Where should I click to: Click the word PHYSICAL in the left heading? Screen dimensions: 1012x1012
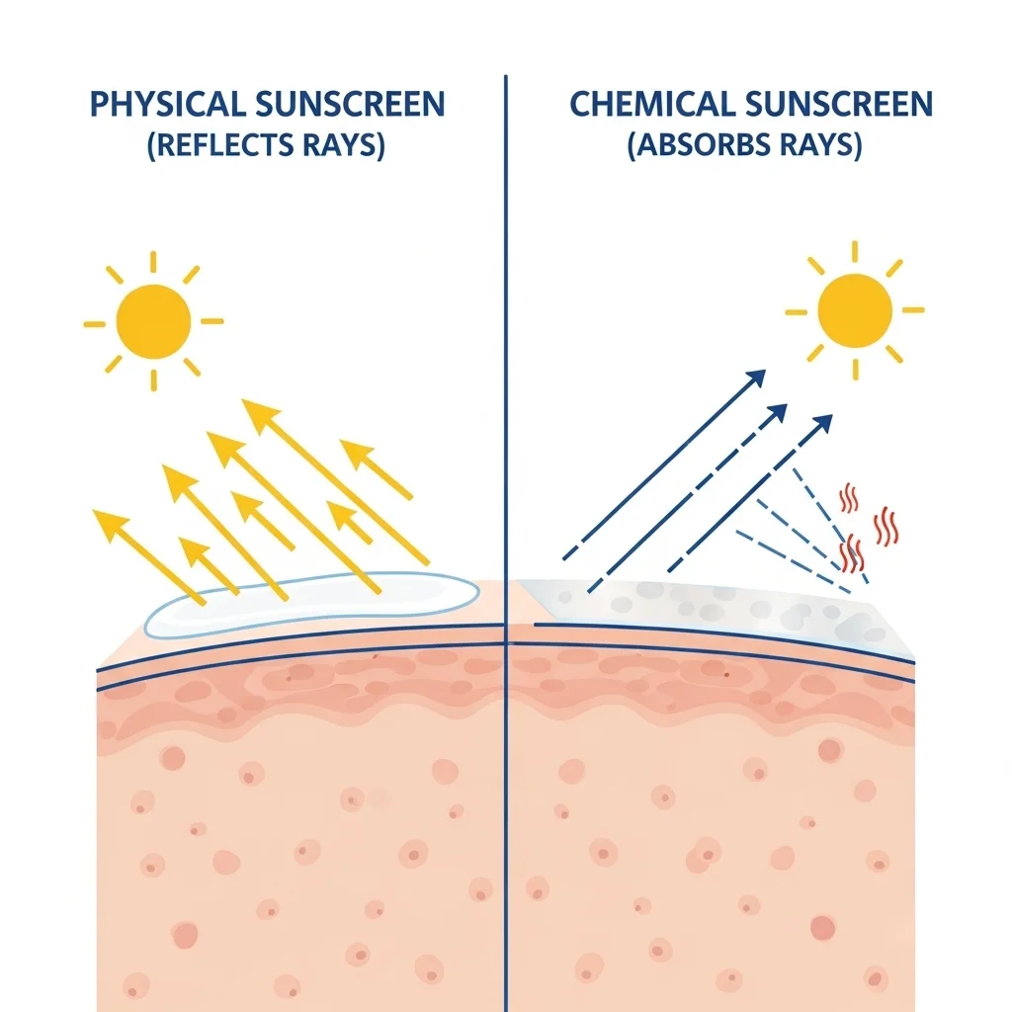pyautogui.click(x=168, y=105)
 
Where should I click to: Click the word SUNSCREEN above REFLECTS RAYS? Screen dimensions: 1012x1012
pyautogui.click(x=350, y=105)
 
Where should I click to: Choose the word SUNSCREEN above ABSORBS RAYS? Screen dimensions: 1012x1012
pyautogui.click(x=839, y=105)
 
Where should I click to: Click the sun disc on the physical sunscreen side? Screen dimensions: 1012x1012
pyautogui.click(x=153, y=321)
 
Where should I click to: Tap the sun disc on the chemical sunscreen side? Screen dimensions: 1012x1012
pyautogui.click(x=855, y=311)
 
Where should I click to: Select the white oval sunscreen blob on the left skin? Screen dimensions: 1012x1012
pyautogui.click(x=311, y=604)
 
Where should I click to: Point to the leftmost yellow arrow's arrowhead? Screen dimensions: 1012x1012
pyautogui.click(x=110, y=522)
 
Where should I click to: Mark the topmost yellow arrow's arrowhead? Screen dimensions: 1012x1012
pyautogui.click(x=260, y=413)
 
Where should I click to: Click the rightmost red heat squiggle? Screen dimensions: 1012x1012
pyautogui.click(x=885, y=527)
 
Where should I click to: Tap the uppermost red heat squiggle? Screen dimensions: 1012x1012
pyautogui.click(x=849, y=499)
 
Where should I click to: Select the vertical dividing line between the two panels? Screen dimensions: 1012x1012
pyautogui.click(x=506, y=544)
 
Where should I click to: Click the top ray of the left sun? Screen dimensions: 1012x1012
pyautogui.click(x=153, y=262)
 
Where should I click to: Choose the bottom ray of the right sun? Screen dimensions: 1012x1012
pyautogui.click(x=856, y=370)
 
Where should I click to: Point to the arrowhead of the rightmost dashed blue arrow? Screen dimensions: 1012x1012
pyautogui.click(x=822, y=425)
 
